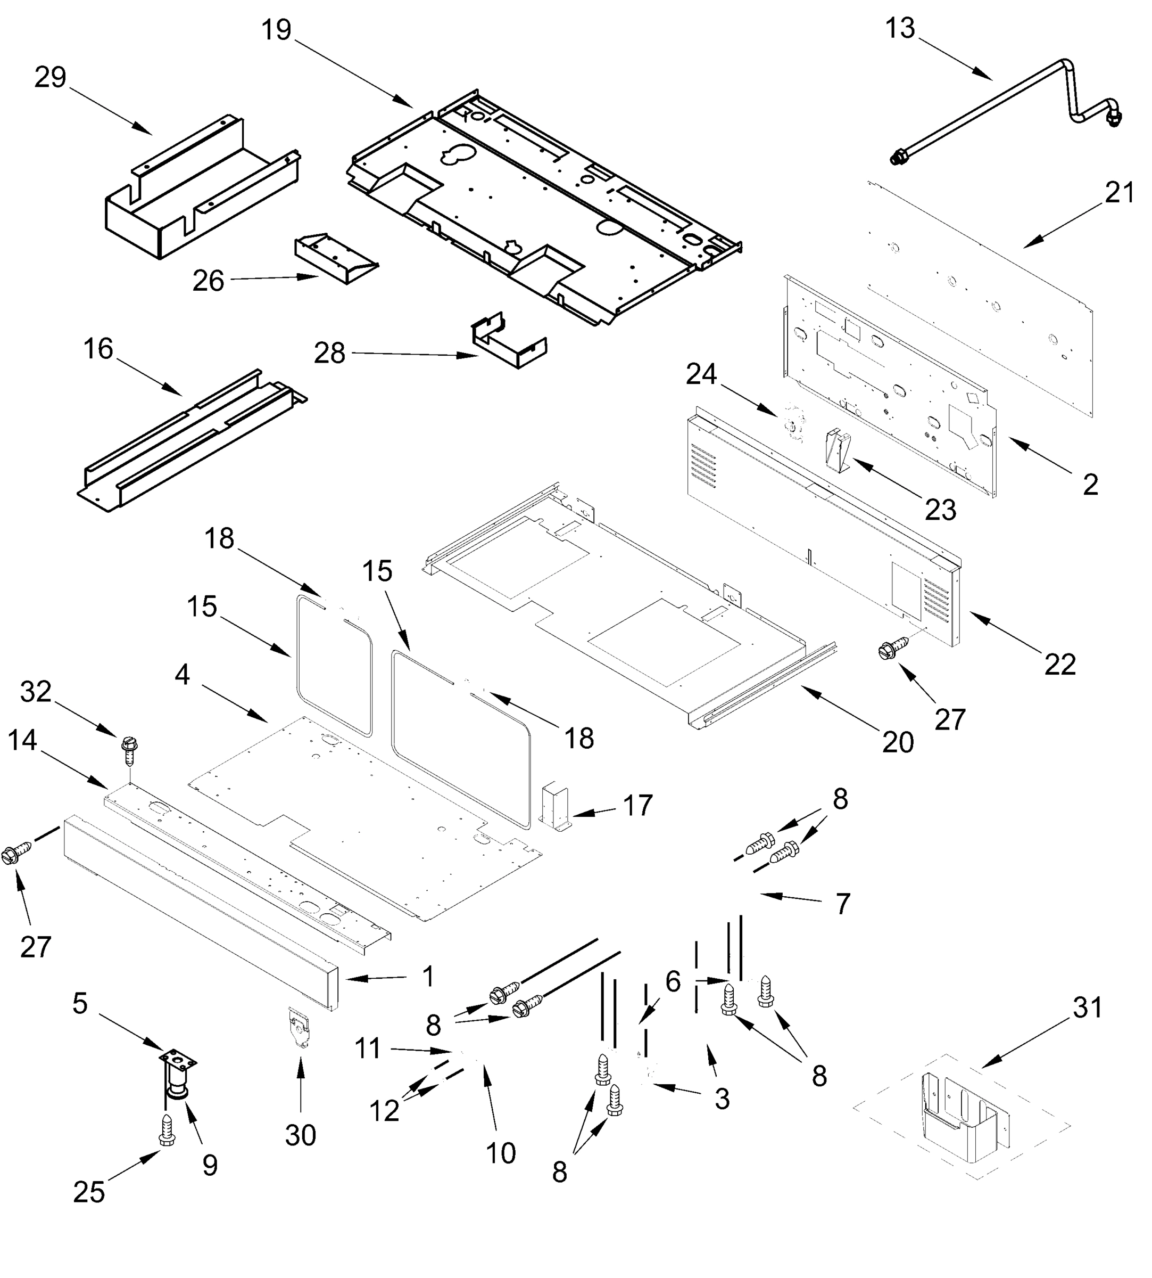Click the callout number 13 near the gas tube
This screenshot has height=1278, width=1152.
(x=900, y=29)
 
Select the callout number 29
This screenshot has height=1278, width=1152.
(x=50, y=77)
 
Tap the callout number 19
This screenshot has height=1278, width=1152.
(x=277, y=30)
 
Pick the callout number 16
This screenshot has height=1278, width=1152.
(x=98, y=349)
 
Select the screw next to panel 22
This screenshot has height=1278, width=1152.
(x=891, y=649)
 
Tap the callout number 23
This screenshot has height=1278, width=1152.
(x=940, y=509)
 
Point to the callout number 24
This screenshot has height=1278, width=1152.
(x=701, y=374)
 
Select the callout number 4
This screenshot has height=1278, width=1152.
(x=183, y=675)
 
